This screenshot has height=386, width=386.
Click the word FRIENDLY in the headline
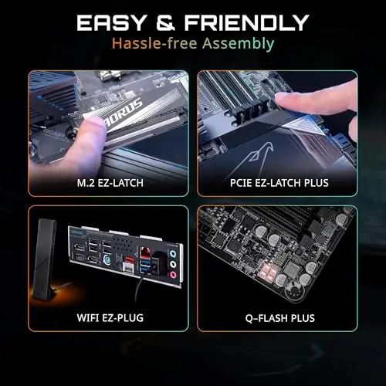tap(245, 21)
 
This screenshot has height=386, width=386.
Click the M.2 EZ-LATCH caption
tap(108, 185)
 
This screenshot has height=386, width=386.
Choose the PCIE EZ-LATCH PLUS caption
tap(279, 185)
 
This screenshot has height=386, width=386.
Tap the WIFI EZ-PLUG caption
tap(108, 317)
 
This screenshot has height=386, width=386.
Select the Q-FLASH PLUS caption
tap(279, 317)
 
